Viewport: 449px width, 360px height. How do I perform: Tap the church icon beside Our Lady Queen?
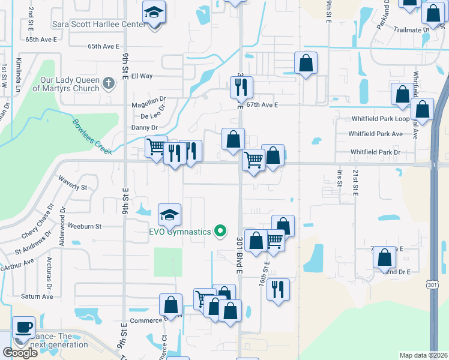[x=109, y=83]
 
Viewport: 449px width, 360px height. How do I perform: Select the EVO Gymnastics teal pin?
[x=220, y=230]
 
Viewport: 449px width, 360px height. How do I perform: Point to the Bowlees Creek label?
[x=92, y=137]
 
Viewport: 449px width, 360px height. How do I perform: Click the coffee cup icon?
[x=23, y=328]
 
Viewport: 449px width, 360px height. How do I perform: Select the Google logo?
[x=20, y=353]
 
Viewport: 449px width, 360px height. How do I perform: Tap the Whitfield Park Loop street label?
[x=380, y=119]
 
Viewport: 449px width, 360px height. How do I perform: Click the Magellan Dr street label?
[x=148, y=104]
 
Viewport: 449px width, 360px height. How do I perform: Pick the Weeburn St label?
[x=84, y=226]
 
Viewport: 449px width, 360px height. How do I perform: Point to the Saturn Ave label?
[x=37, y=296]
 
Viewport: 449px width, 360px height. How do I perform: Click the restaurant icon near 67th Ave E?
[x=242, y=88]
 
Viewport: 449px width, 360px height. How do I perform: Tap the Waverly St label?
[x=73, y=183]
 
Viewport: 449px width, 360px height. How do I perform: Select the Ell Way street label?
[x=142, y=76]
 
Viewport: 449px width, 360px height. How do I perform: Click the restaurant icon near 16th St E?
[x=278, y=289]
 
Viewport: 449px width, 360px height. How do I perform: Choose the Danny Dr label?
[x=143, y=128]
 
